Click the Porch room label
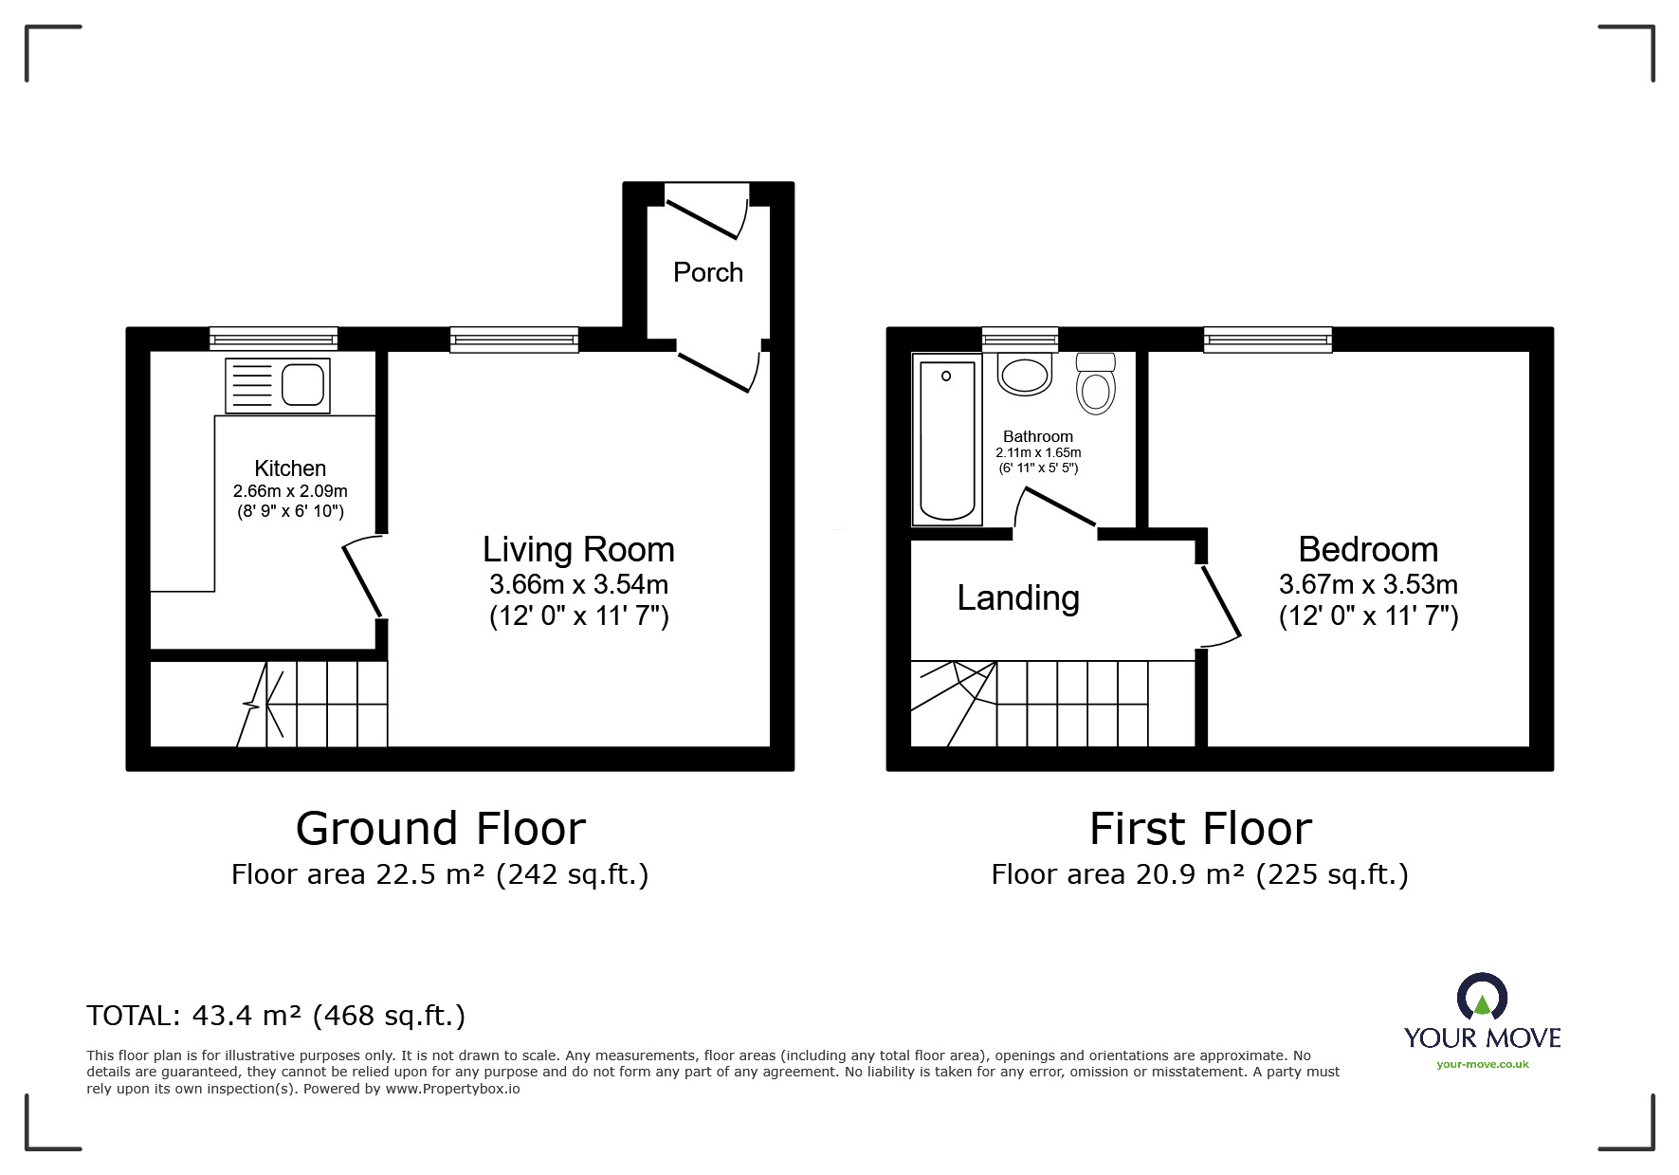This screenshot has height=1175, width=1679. tap(707, 273)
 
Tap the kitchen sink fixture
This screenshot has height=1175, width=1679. tap(278, 386)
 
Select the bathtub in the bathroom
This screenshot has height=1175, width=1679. tap(946, 440)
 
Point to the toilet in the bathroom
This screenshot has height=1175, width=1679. tap(1096, 383)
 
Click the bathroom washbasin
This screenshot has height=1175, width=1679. tap(1025, 375)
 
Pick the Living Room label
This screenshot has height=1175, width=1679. tap(578, 550)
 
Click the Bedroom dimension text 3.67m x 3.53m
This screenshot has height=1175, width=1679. tap(1368, 584)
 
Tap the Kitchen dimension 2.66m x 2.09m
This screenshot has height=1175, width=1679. tap(290, 491)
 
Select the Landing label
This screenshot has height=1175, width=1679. tap(1018, 598)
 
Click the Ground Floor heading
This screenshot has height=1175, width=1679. tap(441, 828)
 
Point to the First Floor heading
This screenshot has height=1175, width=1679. tap(1200, 828)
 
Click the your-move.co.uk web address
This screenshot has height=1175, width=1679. tap(1483, 1064)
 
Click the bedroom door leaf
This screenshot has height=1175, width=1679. tap(1221, 601)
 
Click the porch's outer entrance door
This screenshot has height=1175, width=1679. tap(703, 216)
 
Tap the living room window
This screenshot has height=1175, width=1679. tap(514, 340)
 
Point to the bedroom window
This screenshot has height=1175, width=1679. tap(1268, 340)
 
